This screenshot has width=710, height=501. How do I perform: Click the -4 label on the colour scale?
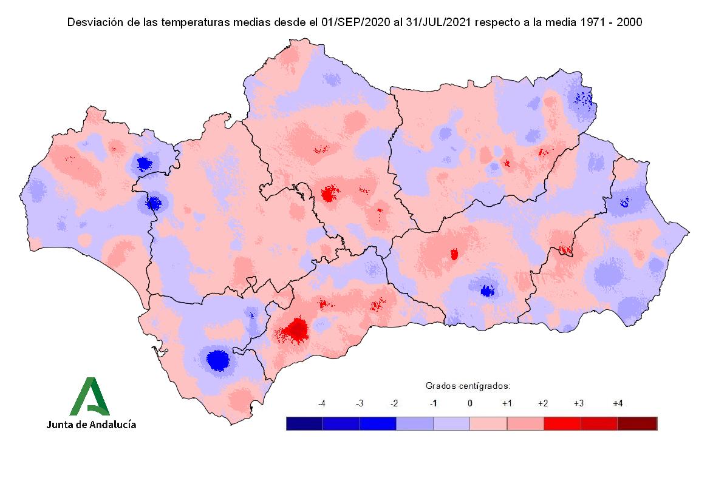[322, 403]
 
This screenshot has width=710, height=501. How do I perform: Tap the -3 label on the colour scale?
[359, 403]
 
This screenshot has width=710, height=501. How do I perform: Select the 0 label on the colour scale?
[469, 403]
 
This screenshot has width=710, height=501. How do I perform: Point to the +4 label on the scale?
[618, 403]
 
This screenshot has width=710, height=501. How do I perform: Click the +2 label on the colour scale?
[544, 403]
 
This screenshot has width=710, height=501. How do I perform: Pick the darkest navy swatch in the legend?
[304, 423]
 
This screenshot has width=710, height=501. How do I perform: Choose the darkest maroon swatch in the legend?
[638, 423]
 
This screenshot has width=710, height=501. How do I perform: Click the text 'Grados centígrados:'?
[468, 386]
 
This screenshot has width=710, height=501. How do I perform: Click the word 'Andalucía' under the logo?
[112, 425]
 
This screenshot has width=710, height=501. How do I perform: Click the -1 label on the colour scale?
[433, 403]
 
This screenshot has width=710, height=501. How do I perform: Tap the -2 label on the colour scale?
[395, 403]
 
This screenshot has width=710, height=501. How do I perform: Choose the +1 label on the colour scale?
[507, 403]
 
